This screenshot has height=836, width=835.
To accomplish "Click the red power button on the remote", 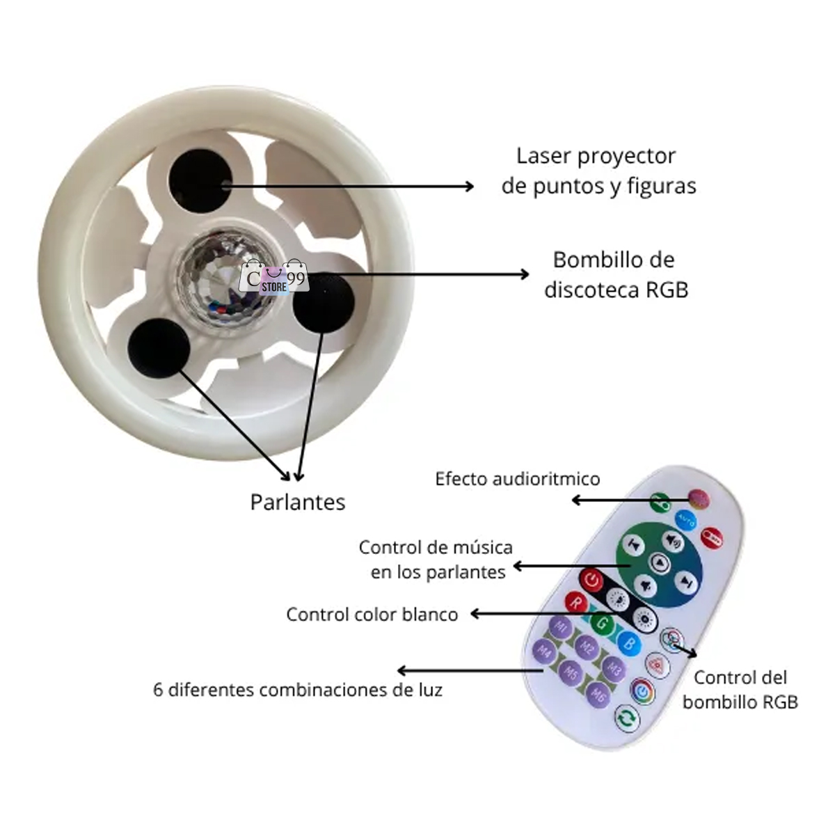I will pos(592,579).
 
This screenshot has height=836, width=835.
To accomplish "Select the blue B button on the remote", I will pos(629,642).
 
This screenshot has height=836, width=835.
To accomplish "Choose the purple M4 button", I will pos(543,652).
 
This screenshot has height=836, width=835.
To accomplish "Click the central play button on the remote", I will pos(659,562).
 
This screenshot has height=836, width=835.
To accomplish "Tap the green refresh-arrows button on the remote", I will pos(627,719).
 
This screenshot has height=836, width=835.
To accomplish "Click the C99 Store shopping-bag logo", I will pos(273,278).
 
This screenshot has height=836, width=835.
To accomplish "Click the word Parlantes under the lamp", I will pos(298,502).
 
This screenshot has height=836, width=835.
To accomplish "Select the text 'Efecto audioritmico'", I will pos(517,479).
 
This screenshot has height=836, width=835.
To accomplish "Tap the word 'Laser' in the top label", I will pos(544,156).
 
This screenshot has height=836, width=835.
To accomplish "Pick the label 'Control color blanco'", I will pos(372,615).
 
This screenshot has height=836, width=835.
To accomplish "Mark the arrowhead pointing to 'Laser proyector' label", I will pos(470,186).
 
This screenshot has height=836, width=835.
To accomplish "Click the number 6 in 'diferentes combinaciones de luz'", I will pos(158,691).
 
